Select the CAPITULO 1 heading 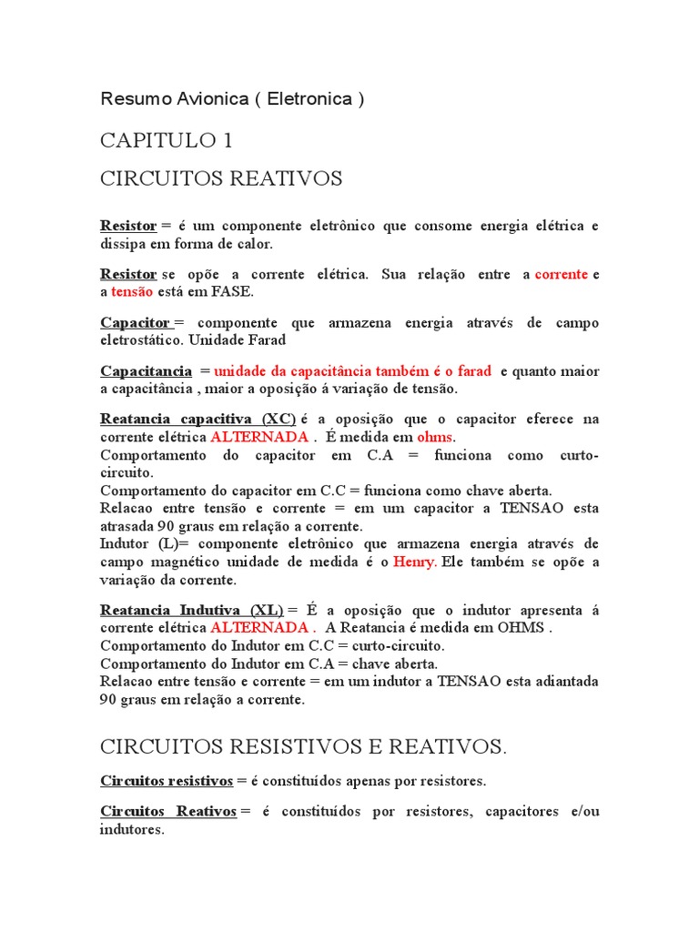166,141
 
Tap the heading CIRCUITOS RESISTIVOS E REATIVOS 303,748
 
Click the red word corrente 562,274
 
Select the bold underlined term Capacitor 136,323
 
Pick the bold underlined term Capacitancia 146,371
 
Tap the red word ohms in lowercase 434,437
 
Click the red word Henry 414,562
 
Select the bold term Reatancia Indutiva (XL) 191,610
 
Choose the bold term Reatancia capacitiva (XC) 198,420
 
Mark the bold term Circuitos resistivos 167,781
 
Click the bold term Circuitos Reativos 168,812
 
